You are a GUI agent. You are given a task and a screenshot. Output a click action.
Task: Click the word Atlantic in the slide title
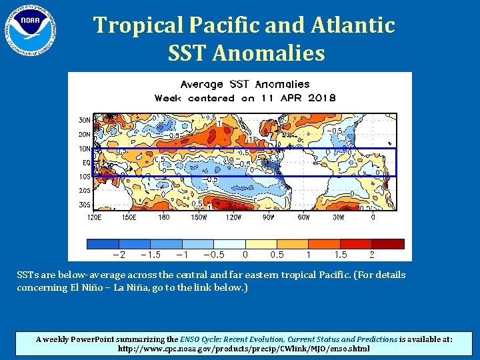pos(353,25)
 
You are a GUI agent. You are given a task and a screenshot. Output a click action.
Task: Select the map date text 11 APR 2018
pos(297,98)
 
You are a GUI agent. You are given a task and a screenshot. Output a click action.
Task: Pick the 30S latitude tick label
pos(77,205)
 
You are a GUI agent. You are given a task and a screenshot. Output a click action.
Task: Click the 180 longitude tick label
pos(164,217)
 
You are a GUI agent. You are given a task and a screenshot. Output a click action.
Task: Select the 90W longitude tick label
pos(269,217)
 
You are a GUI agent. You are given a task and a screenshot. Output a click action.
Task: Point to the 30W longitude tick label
pos(339,217)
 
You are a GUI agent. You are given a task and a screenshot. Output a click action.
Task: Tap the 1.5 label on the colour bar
pos(340,255)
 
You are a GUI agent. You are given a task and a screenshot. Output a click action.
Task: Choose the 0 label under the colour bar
pos(245,255)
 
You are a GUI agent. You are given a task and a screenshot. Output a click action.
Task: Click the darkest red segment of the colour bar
pos(388,244)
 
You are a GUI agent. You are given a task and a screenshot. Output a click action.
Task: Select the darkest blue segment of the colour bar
pos(103,244)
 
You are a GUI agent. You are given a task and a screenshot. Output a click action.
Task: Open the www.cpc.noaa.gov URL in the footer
pos(244,349)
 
